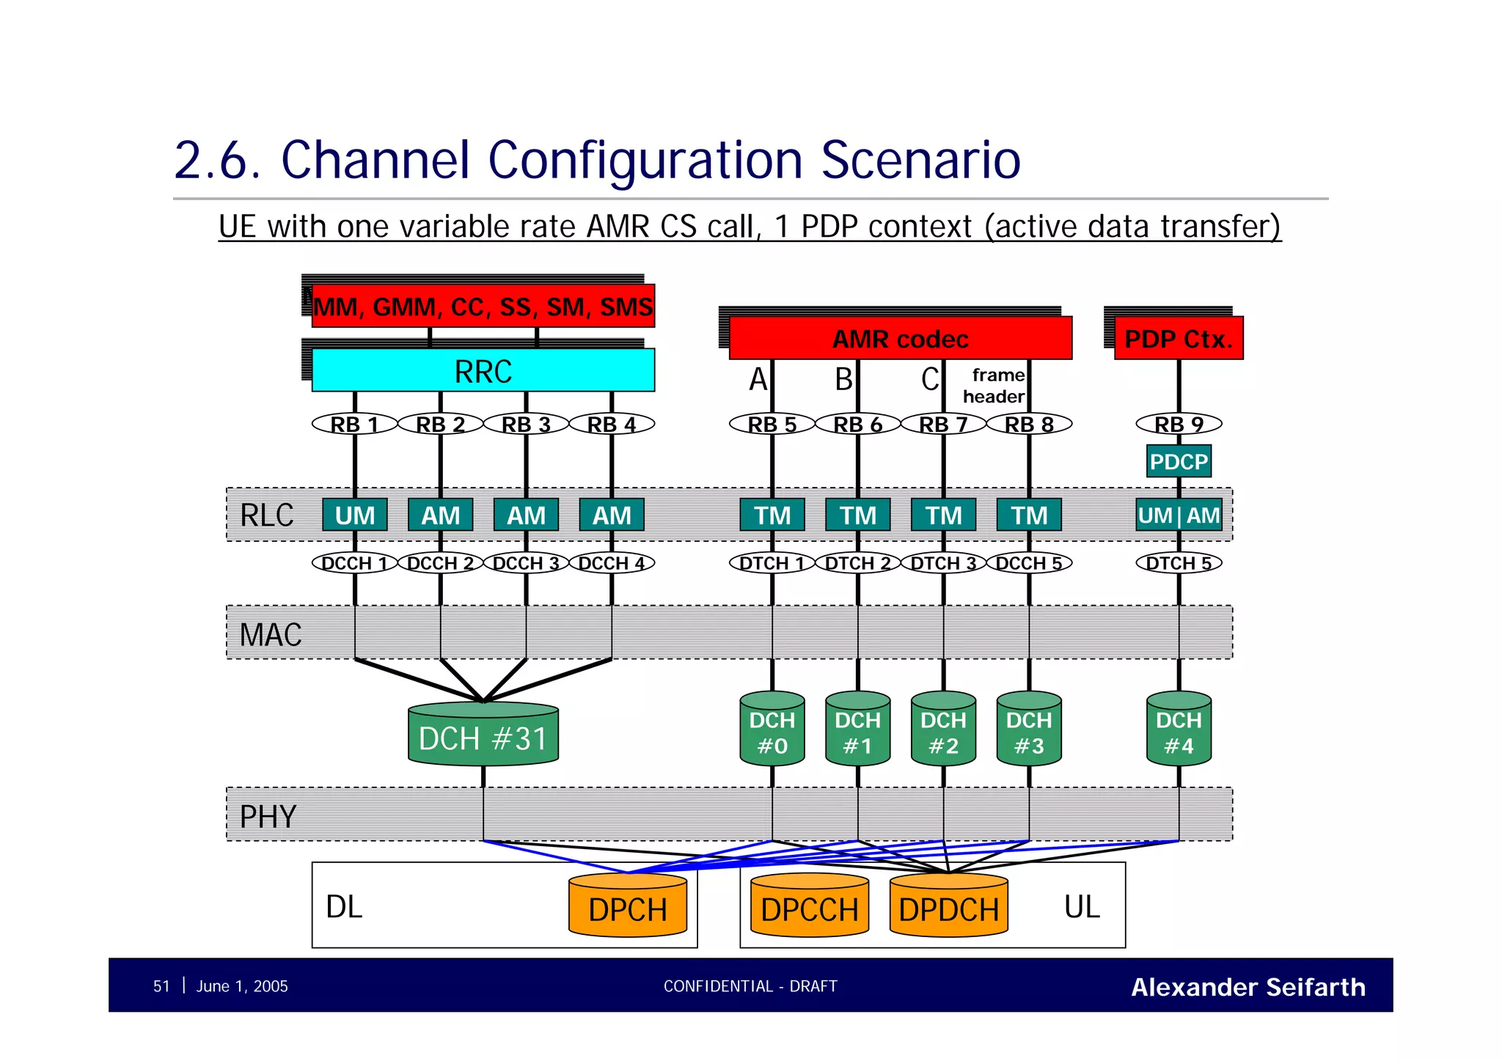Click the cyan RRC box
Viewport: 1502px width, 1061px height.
(483, 371)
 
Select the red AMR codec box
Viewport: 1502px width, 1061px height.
(900, 339)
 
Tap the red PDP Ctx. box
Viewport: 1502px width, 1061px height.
(1178, 339)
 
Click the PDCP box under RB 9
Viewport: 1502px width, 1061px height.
(1178, 462)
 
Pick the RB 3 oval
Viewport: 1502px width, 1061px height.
(526, 424)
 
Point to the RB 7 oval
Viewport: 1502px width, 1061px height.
(943, 424)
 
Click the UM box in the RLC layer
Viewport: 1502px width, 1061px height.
(355, 515)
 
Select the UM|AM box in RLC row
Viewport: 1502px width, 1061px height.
(1178, 515)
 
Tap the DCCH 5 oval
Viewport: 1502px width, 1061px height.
(1028, 563)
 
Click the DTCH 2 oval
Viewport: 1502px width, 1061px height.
(857, 563)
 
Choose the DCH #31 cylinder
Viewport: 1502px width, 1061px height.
(483, 737)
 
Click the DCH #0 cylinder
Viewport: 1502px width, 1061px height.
(772, 732)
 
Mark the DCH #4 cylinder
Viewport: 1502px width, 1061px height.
(1178, 732)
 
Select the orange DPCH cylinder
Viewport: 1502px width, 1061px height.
(628, 908)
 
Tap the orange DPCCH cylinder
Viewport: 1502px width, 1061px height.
(809, 908)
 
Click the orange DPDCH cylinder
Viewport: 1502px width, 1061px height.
(948, 908)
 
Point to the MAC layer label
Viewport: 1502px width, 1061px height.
(271, 634)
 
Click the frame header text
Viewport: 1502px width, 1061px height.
(995, 386)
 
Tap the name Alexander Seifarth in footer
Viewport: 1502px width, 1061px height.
(1248, 987)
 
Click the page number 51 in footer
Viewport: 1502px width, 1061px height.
(161, 986)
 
